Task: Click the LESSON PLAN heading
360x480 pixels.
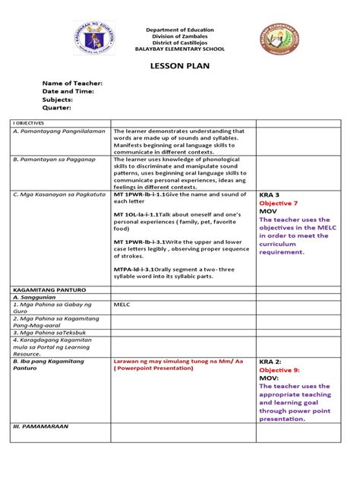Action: pyautogui.click(x=180, y=66)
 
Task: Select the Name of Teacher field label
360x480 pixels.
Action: pyautogui.click(x=71, y=83)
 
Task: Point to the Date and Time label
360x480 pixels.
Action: pyautogui.click(x=68, y=91)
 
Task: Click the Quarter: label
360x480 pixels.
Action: pyautogui.click(x=58, y=108)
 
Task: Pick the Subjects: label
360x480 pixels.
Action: pyautogui.click(x=61, y=99)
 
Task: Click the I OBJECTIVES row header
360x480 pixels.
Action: pyautogui.click(x=29, y=122)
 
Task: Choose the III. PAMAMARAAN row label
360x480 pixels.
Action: pyautogui.click(x=41, y=426)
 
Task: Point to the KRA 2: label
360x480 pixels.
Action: pyautogui.click(x=272, y=361)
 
